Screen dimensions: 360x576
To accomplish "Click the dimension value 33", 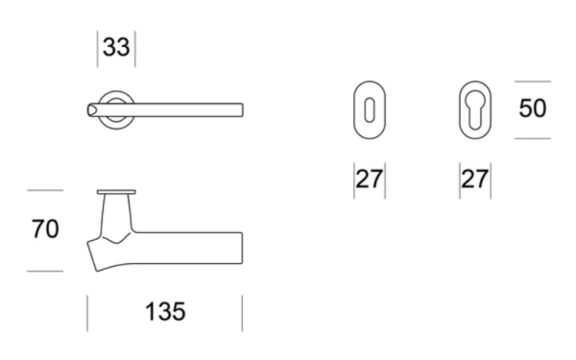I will tap(116, 48).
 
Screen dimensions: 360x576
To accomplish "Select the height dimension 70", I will tap(44, 230).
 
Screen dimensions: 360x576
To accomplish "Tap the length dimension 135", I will tap(165, 312).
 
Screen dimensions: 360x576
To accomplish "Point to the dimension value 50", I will tap(533, 108).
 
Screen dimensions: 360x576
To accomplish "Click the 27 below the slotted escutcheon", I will tap(370, 180).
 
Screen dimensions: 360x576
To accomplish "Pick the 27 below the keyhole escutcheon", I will tap(474, 180).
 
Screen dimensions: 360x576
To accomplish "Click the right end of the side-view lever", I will tap(240, 244).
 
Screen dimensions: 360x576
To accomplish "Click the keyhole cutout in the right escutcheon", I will tap(474, 108).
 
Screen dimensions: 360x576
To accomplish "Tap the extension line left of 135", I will tap(88, 313).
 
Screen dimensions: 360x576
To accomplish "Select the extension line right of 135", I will tap(242, 313).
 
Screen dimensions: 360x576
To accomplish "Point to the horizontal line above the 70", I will tap(44, 191).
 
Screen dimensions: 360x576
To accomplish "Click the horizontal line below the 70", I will tap(44, 271).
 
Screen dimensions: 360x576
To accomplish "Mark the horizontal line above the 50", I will tap(533, 82).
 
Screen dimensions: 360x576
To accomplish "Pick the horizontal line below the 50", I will tap(533, 138).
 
